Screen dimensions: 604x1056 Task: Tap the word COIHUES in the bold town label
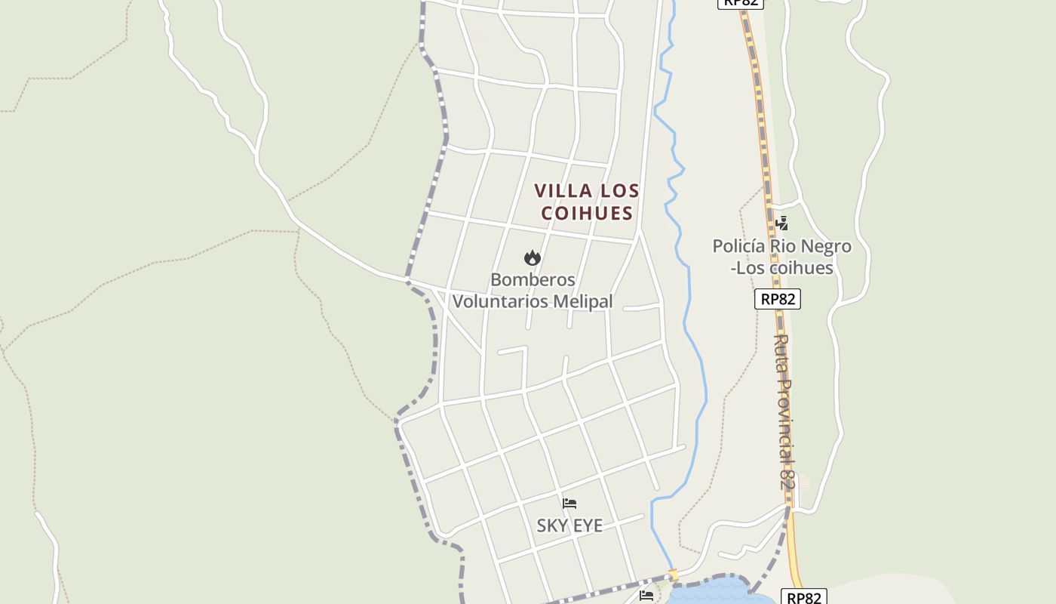pyautogui.click(x=587, y=213)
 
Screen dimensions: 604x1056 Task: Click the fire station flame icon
pyautogui.click(x=533, y=257)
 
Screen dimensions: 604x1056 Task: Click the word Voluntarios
pyautogui.click(x=500, y=301)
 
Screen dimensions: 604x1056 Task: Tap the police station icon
pyautogui.click(x=782, y=223)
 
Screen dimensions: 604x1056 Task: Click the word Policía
pyautogui.click(x=739, y=246)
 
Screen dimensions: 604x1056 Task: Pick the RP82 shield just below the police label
pyautogui.click(x=778, y=299)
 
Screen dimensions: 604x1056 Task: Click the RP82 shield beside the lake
pyautogui.click(x=803, y=597)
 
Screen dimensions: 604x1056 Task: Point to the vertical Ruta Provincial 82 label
pyautogui.click(x=785, y=411)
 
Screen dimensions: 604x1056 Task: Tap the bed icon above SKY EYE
pyautogui.click(x=569, y=504)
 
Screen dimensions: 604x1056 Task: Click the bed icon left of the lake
pyautogui.click(x=646, y=596)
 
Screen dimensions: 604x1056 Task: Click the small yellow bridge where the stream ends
pyautogui.click(x=674, y=575)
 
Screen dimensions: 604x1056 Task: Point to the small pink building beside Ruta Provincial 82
pyautogui.click(x=805, y=480)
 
